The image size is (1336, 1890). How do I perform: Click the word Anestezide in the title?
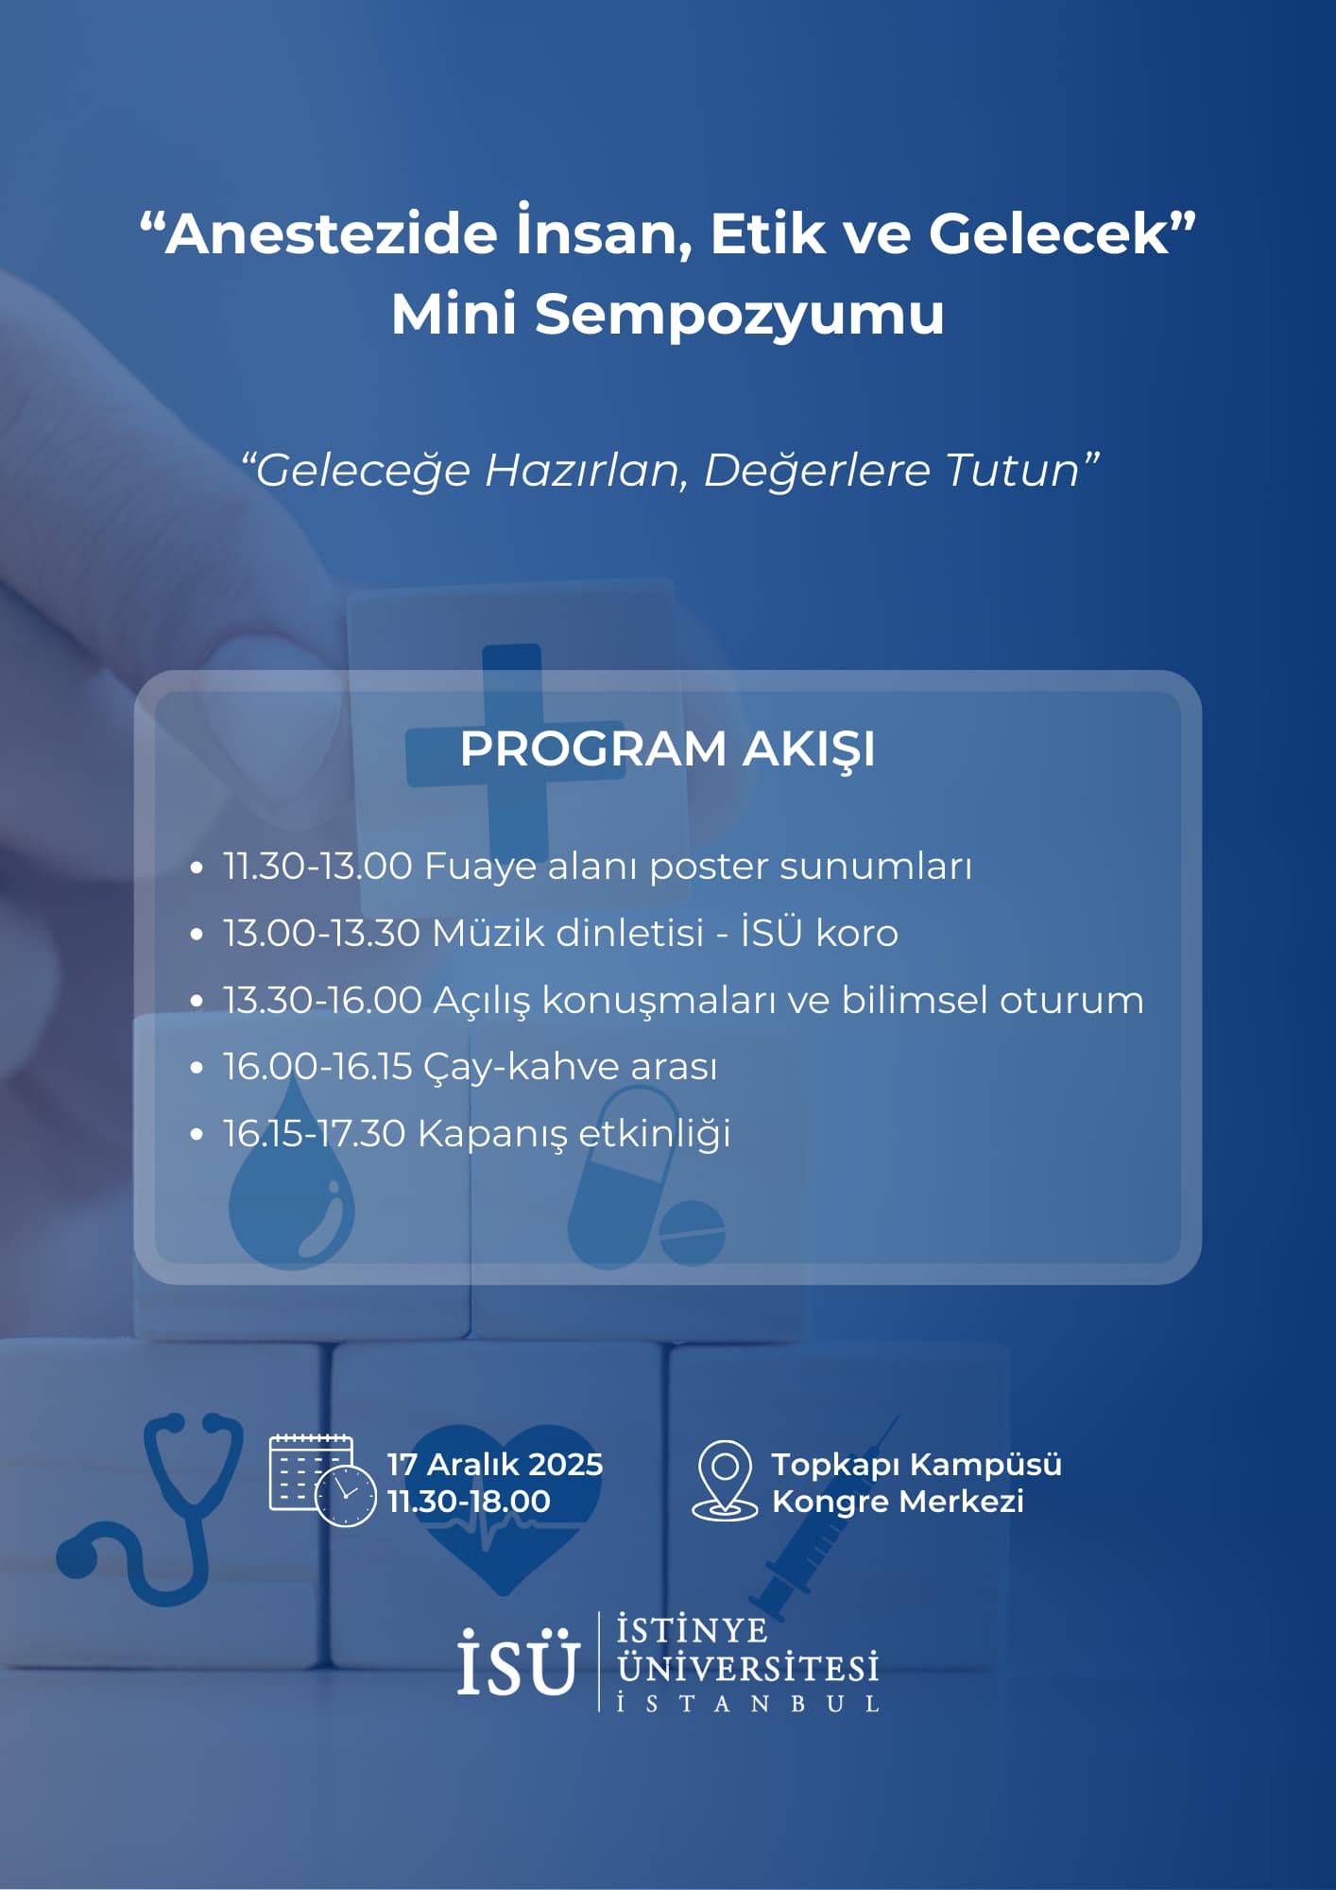click(331, 233)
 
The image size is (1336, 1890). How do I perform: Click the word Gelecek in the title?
click(1050, 233)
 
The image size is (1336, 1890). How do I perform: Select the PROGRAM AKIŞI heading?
click(668, 749)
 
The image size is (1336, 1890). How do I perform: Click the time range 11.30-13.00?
click(317, 867)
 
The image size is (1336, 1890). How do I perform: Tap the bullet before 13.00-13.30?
click(197, 934)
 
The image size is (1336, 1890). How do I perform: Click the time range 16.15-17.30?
click(315, 1134)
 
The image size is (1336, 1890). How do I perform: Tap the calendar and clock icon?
click(322, 1480)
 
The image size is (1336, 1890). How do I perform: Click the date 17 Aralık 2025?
click(495, 1464)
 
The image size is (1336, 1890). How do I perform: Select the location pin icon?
click(725, 1480)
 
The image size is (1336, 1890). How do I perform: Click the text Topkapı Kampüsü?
click(916, 1465)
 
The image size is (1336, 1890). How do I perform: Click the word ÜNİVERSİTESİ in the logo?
click(747, 1668)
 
